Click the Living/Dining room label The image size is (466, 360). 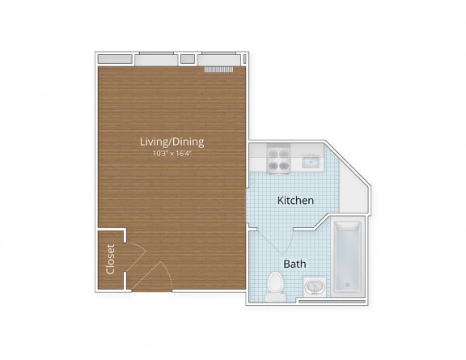click(172, 142)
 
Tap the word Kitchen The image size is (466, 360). click(295, 200)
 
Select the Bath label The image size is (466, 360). click(294, 264)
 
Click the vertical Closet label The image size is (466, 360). click(111, 260)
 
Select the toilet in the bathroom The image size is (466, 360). click(275, 285)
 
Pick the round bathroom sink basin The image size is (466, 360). click(314, 287)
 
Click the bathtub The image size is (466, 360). click(348, 257)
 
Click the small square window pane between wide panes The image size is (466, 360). click(187, 59)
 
